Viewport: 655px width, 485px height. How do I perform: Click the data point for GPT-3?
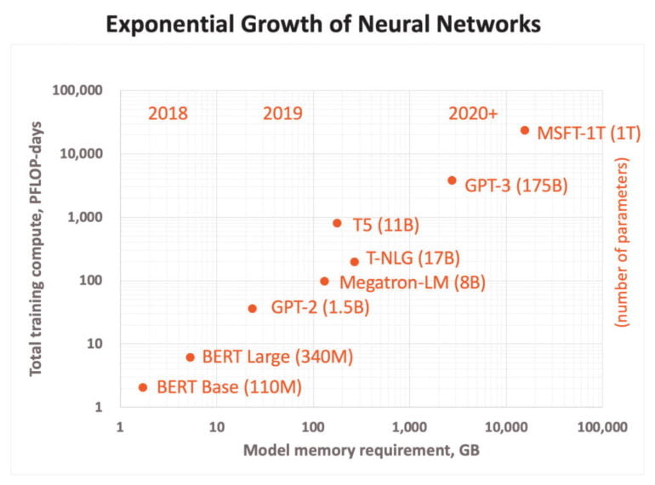pos(452,180)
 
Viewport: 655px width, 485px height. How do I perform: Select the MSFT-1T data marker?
pos(525,130)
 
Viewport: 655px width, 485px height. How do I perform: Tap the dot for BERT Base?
pos(143,387)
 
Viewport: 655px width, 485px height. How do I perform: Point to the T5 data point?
pos(337,223)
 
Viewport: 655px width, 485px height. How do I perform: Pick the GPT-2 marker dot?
pos(253,308)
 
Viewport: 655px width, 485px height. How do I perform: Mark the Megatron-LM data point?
pos(324,281)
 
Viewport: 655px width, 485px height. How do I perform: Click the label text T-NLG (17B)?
pos(413,258)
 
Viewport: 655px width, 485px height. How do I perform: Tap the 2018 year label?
pos(168,113)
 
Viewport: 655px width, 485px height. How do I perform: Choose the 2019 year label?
pos(282,113)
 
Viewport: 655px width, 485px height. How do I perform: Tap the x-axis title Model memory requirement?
pos(361,450)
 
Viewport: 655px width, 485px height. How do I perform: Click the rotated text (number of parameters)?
pos(623,242)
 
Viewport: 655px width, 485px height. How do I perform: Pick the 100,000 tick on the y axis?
pos(78,91)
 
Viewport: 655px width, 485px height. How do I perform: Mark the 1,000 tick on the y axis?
pos(84,217)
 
